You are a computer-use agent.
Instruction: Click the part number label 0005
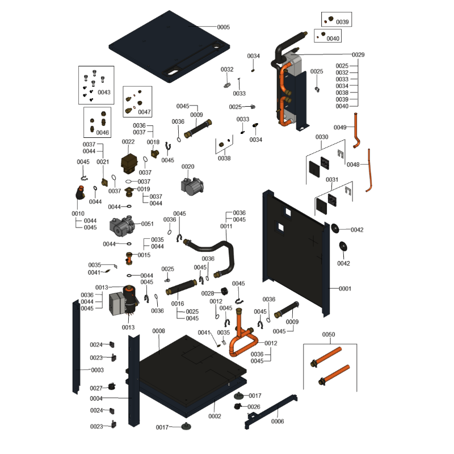224,27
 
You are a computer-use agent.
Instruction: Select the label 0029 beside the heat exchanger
358,54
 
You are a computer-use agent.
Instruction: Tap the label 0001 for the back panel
345,289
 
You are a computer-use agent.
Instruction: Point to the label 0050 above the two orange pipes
329,335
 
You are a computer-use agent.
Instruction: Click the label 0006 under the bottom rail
278,422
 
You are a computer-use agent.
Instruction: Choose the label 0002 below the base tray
215,417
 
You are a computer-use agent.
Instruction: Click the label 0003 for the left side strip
97,371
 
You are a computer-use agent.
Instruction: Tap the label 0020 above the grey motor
188,167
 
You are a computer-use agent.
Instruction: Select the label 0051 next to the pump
148,224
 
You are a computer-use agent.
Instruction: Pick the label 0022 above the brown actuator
128,142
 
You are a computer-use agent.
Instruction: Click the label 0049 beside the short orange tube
340,127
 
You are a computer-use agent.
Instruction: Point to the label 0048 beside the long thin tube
353,165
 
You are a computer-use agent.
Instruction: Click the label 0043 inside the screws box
104,93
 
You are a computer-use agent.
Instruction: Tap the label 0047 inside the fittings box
145,112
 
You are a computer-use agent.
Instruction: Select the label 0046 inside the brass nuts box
103,133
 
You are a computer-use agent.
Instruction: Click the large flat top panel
169,47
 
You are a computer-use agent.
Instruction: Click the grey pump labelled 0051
122,226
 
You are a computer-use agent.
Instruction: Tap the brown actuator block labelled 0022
129,163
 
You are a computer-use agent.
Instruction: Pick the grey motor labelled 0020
192,186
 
